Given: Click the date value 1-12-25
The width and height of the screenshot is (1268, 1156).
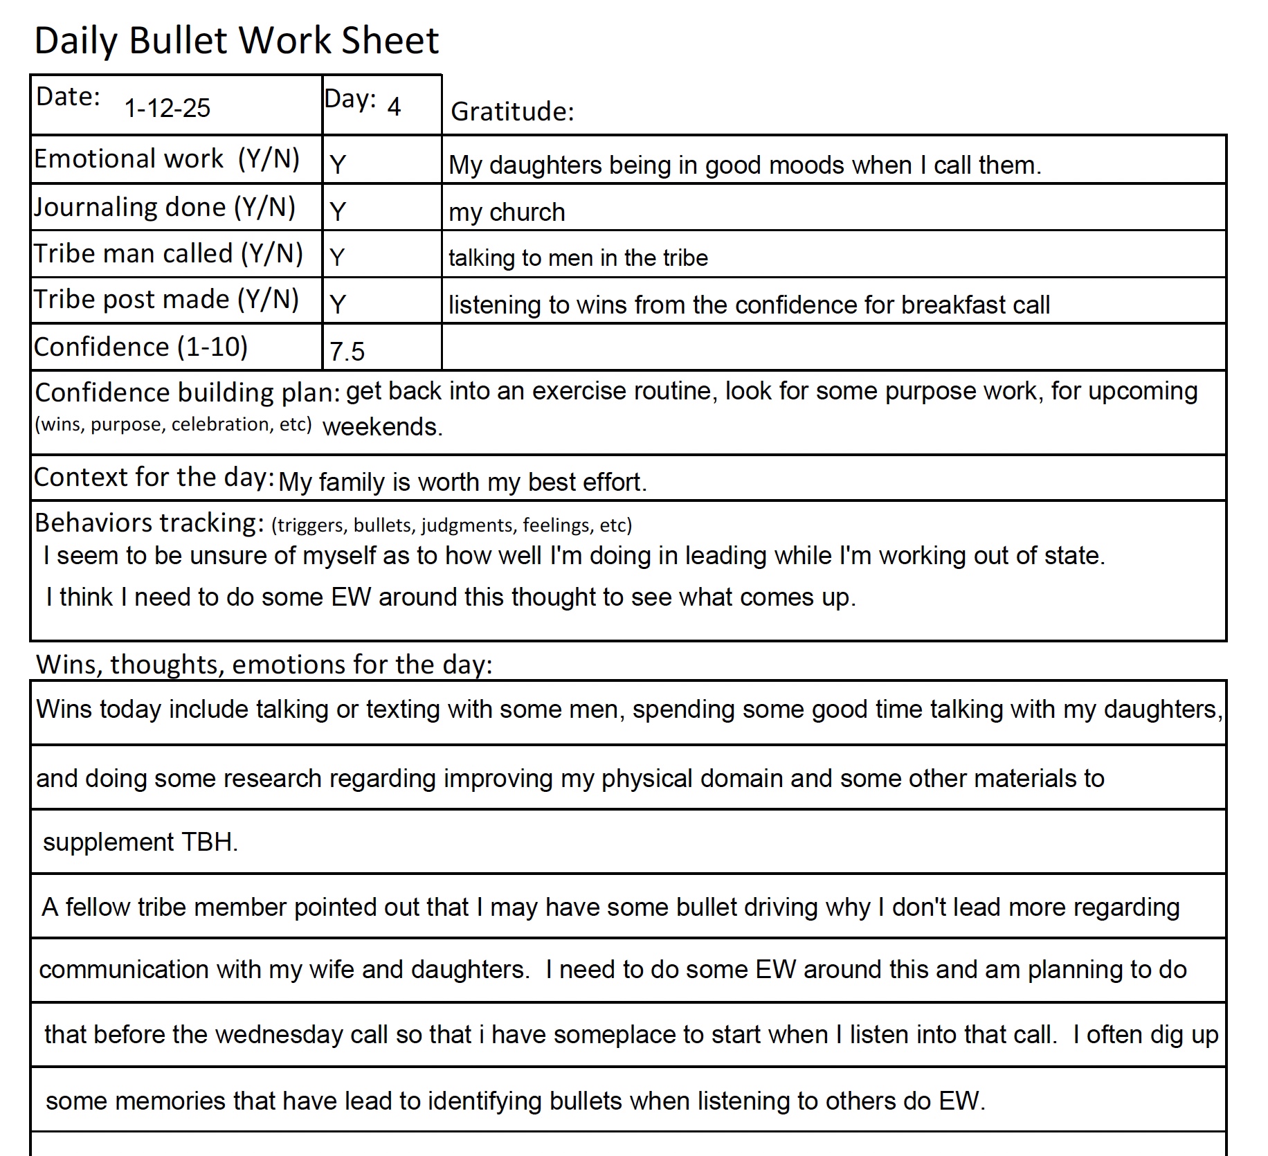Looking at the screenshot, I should [167, 108].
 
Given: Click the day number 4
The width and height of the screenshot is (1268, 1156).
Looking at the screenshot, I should [394, 107].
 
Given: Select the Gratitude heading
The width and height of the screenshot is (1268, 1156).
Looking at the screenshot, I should [512, 111].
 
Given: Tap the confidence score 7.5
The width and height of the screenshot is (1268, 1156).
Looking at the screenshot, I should [347, 352].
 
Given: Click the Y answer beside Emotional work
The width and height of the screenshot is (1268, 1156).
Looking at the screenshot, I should [337, 165].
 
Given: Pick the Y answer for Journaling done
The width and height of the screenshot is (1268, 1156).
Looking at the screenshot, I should [337, 211].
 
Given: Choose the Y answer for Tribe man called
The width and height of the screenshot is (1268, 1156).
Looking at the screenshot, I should [337, 258].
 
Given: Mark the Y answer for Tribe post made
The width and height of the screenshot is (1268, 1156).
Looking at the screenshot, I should [337, 304].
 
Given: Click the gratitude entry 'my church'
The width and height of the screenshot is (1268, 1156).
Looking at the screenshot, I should [507, 212].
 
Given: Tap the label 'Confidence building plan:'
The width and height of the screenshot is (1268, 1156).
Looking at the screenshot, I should [187, 392].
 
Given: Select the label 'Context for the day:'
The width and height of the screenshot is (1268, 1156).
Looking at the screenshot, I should [154, 477].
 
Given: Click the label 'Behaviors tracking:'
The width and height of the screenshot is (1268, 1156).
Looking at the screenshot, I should [150, 523].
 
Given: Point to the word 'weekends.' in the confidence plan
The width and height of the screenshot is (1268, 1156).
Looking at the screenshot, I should [382, 426].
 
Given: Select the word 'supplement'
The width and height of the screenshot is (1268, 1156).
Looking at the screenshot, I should [108, 842].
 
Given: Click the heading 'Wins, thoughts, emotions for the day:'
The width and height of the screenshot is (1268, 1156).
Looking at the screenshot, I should [264, 665].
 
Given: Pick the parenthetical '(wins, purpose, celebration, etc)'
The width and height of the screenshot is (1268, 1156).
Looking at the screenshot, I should [173, 424].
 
